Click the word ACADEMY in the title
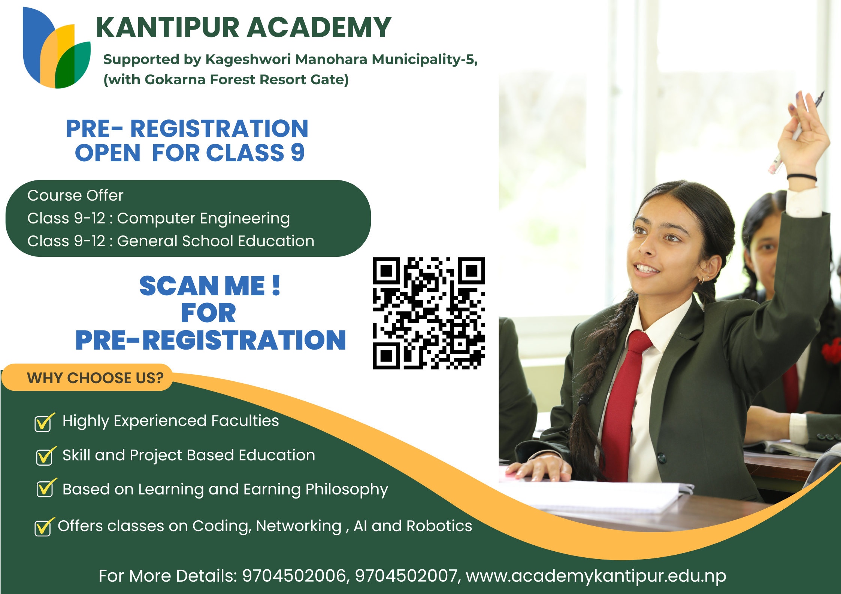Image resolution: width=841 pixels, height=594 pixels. pos(319,28)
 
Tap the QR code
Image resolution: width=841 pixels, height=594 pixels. pos(429,313)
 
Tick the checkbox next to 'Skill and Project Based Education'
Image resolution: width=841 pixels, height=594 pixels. pos(45,457)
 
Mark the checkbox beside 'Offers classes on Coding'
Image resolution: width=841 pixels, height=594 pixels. pos(43,528)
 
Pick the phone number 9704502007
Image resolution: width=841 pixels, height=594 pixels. pos(407,576)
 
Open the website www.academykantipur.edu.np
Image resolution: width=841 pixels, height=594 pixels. pos(596,576)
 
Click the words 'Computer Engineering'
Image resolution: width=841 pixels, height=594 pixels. pos(203,218)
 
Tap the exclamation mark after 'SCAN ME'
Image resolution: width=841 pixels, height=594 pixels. pos(276,286)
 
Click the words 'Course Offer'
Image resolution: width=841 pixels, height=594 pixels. pos(75,195)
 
